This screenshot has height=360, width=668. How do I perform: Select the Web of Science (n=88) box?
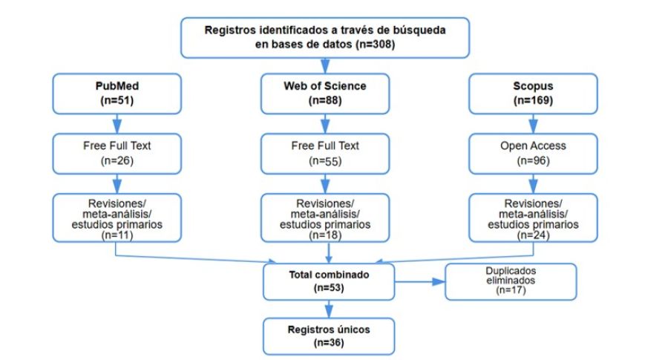click(324, 93)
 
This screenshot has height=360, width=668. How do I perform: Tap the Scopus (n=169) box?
click(533, 93)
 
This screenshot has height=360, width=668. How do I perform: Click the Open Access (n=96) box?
click(533, 152)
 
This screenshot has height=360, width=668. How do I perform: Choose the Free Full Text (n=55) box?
click(324, 152)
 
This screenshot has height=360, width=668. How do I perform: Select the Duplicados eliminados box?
click(511, 281)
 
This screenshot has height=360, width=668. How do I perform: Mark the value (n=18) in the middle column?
click(324, 235)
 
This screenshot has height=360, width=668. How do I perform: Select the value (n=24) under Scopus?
click(533, 235)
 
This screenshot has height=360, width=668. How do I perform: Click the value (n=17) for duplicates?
click(511, 291)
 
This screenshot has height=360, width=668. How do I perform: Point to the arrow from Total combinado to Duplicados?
click(420, 281)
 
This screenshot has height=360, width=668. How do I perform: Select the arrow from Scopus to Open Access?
click(533, 122)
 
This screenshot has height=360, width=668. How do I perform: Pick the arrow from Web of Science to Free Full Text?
click(324, 122)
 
